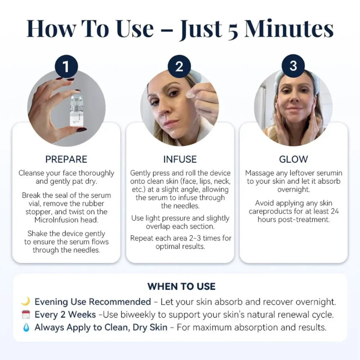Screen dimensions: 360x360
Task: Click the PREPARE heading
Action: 66,159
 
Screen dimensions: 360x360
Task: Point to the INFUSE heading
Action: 180,159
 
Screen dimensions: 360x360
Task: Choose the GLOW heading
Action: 293,159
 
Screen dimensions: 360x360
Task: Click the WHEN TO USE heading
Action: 181,287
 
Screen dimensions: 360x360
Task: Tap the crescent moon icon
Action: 26,302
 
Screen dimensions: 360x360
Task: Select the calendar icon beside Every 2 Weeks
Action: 26,315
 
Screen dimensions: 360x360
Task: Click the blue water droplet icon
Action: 26,328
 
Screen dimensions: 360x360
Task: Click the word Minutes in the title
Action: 289,28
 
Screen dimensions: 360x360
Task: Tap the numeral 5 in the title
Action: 233,29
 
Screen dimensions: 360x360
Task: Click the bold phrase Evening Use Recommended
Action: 93,302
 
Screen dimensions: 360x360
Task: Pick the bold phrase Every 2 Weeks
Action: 65,315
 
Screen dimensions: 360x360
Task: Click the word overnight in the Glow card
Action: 293,189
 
